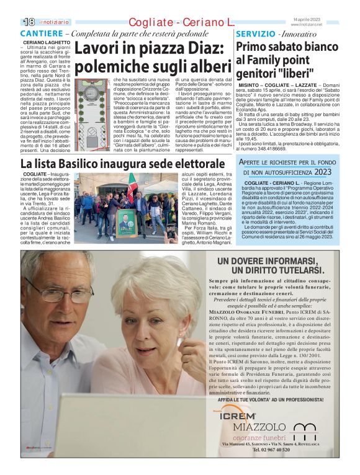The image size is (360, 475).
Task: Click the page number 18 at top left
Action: (x=28, y=22)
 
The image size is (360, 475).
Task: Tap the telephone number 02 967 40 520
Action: (x=271, y=450)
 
